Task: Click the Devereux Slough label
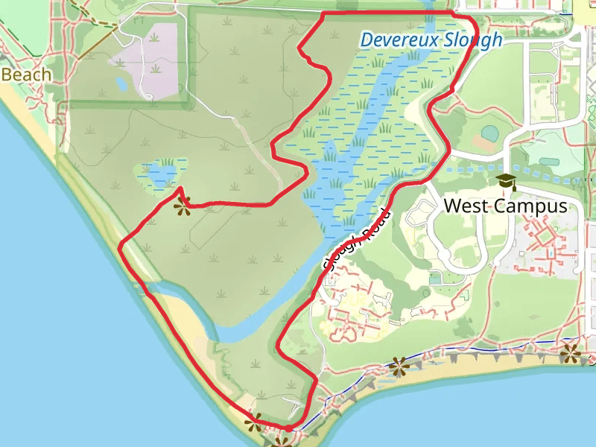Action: pyautogui.click(x=431, y=40)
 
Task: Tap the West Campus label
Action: pyautogui.click(x=506, y=206)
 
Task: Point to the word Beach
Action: pyautogui.click(x=27, y=74)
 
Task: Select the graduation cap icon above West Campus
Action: pyautogui.click(x=507, y=182)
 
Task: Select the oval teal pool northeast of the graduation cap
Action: pyautogui.click(x=549, y=162)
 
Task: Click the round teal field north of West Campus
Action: pyautogui.click(x=489, y=133)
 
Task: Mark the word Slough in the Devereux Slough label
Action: pyautogui.click(x=475, y=40)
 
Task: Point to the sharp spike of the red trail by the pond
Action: pyautogui.click(x=181, y=187)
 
